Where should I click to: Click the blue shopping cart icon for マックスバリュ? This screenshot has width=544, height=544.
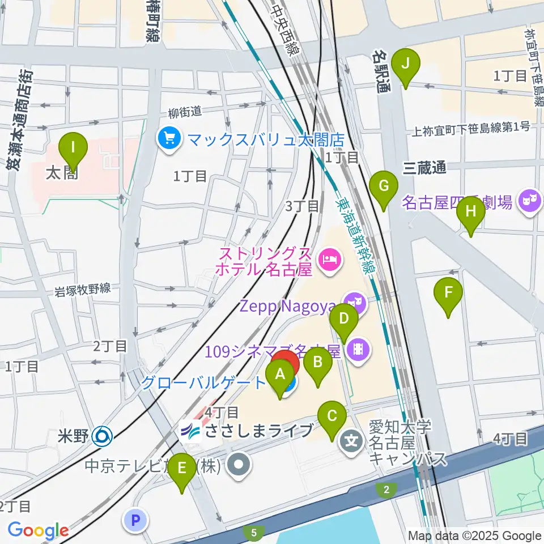[169, 138]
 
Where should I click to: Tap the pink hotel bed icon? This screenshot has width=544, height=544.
[329, 260]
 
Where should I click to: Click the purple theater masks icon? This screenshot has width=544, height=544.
[530, 201]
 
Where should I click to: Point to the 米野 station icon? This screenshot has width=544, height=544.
[103, 436]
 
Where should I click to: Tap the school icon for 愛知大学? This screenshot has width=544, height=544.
[352, 440]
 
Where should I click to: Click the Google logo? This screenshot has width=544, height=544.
[38, 530]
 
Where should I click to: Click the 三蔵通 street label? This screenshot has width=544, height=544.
[424, 167]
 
